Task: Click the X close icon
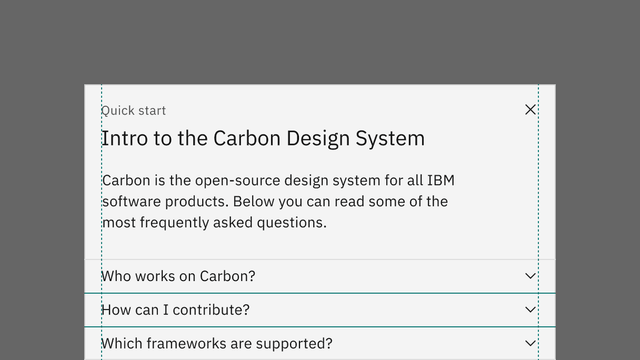[x=530, y=109]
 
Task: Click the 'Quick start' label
[x=133, y=111]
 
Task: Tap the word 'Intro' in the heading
[x=124, y=138]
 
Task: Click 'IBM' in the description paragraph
[x=441, y=180]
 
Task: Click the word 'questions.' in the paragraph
[x=292, y=223]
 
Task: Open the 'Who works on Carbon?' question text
[x=178, y=276]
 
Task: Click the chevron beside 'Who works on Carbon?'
[x=530, y=276]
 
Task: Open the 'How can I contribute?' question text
[x=176, y=310]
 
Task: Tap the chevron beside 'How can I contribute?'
[x=530, y=310]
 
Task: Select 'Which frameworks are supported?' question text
[x=217, y=344]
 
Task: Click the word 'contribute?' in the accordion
[x=211, y=310]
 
